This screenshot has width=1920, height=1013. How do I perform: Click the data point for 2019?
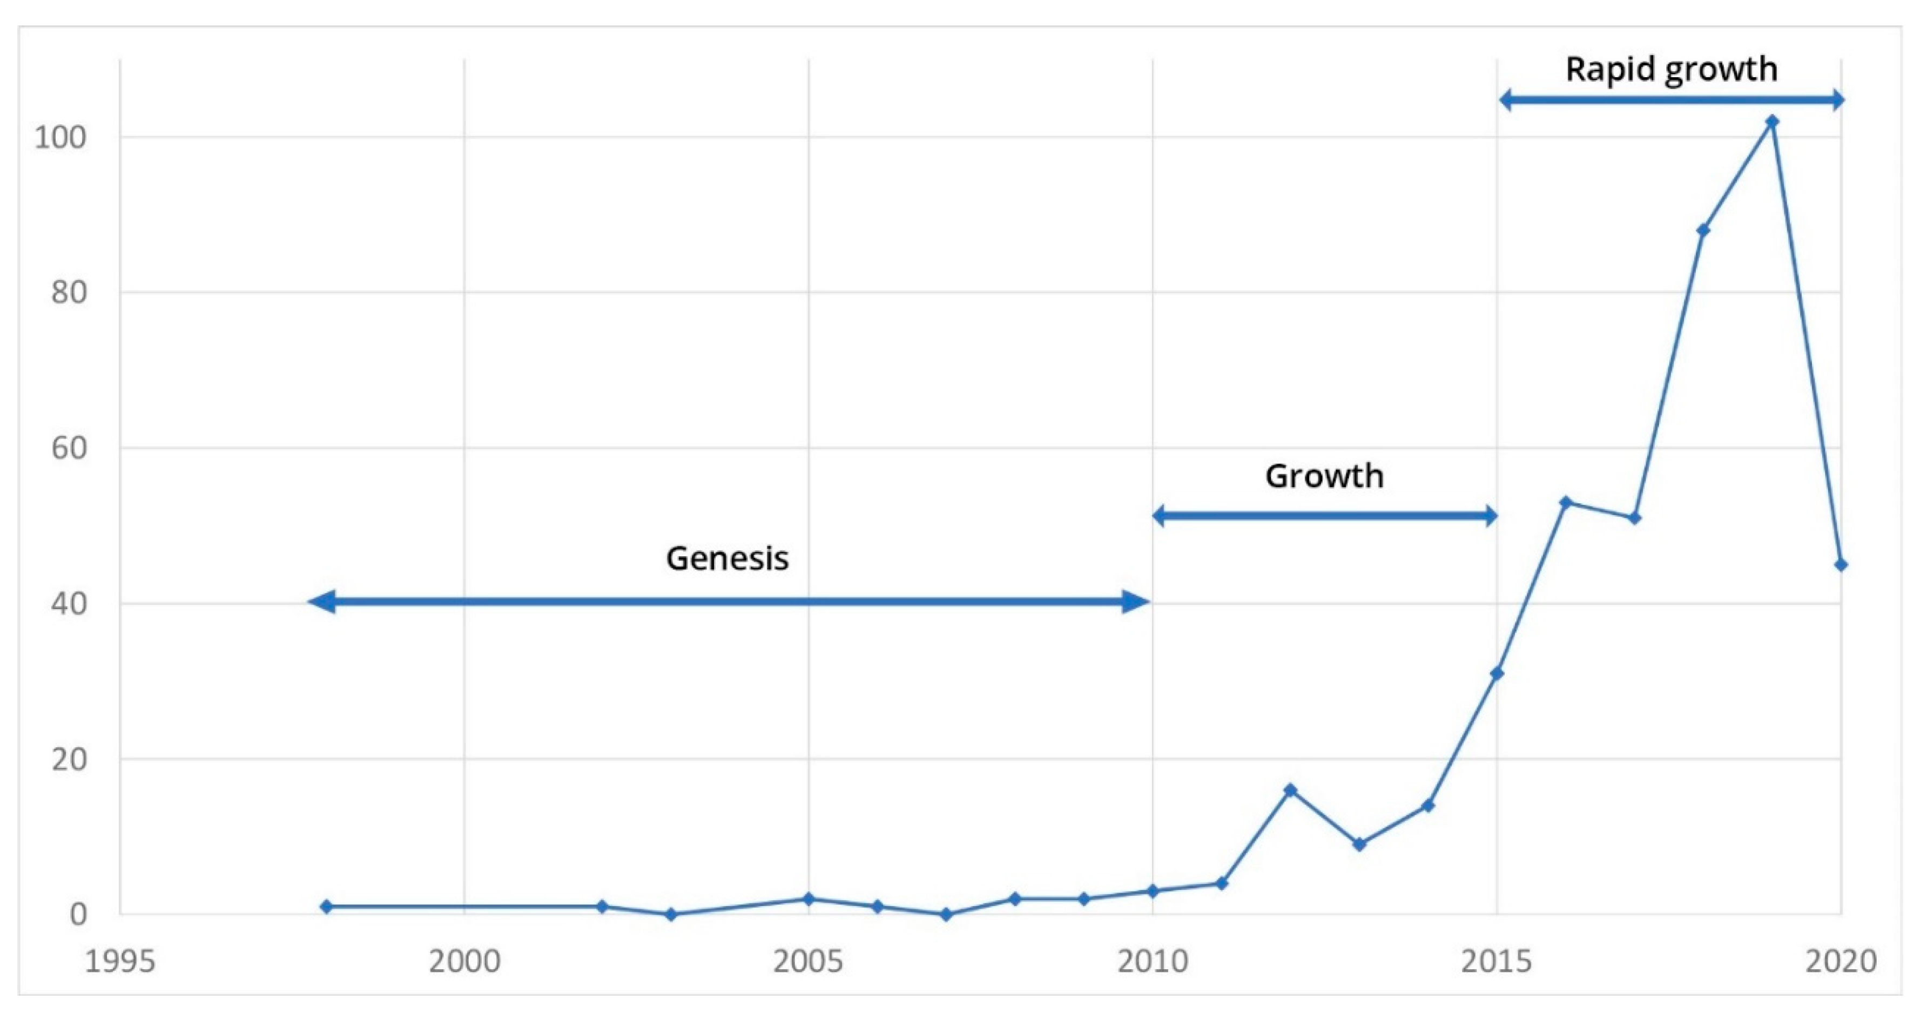point(1773,121)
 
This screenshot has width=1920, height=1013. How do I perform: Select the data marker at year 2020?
point(1841,565)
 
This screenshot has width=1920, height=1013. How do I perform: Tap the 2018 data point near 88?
point(1703,231)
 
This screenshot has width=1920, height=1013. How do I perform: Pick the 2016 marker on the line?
point(1566,502)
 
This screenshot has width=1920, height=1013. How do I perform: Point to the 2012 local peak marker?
point(1290,790)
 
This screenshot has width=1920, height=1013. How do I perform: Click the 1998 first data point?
point(326,907)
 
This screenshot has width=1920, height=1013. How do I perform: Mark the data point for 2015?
point(1497,674)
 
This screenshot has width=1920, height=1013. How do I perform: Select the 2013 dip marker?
point(1359,845)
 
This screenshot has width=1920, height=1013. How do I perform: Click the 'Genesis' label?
point(727,558)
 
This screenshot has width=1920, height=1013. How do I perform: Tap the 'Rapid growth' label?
point(1671,69)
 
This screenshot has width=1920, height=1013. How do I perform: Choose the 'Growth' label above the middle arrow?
point(1324,476)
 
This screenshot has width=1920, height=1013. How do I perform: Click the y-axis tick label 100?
point(59,137)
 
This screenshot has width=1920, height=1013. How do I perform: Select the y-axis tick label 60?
point(69,448)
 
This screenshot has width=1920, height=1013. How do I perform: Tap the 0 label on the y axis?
point(78,915)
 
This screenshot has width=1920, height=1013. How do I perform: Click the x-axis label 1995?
point(120,962)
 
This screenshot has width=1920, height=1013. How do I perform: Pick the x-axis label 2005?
point(808,962)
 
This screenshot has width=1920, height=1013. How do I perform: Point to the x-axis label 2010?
point(1153,962)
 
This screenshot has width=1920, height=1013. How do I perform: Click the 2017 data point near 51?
point(1634,518)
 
